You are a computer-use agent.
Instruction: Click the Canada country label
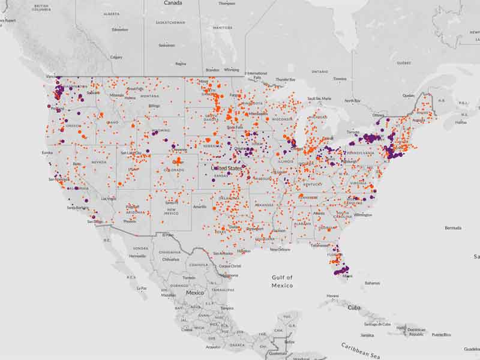[x=173, y=3]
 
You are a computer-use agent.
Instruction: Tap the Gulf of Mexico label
[x=281, y=281]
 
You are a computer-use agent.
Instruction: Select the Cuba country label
[x=354, y=307]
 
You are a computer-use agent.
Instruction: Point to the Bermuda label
[x=452, y=228]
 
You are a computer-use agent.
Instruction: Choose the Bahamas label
[x=372, y=283]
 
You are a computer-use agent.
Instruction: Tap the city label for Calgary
[x=116, y=57]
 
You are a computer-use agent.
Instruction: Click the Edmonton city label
[x=120, y=29]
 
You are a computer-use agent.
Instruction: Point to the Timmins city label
[x=340, y=79]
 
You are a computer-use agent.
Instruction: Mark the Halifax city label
[x=461, y=122]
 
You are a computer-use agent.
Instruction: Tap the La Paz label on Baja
[x=142, y=289]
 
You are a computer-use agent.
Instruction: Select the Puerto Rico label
[x=441, y=334]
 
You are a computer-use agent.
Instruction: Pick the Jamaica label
[x=367, y=335]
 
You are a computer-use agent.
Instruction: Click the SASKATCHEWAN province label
[x=171, y=23]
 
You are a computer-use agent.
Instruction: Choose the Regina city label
[x=181, y=64]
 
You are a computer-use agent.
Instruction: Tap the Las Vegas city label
[x=109, y=198]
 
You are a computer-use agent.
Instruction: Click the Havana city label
[x=332, y=295]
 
